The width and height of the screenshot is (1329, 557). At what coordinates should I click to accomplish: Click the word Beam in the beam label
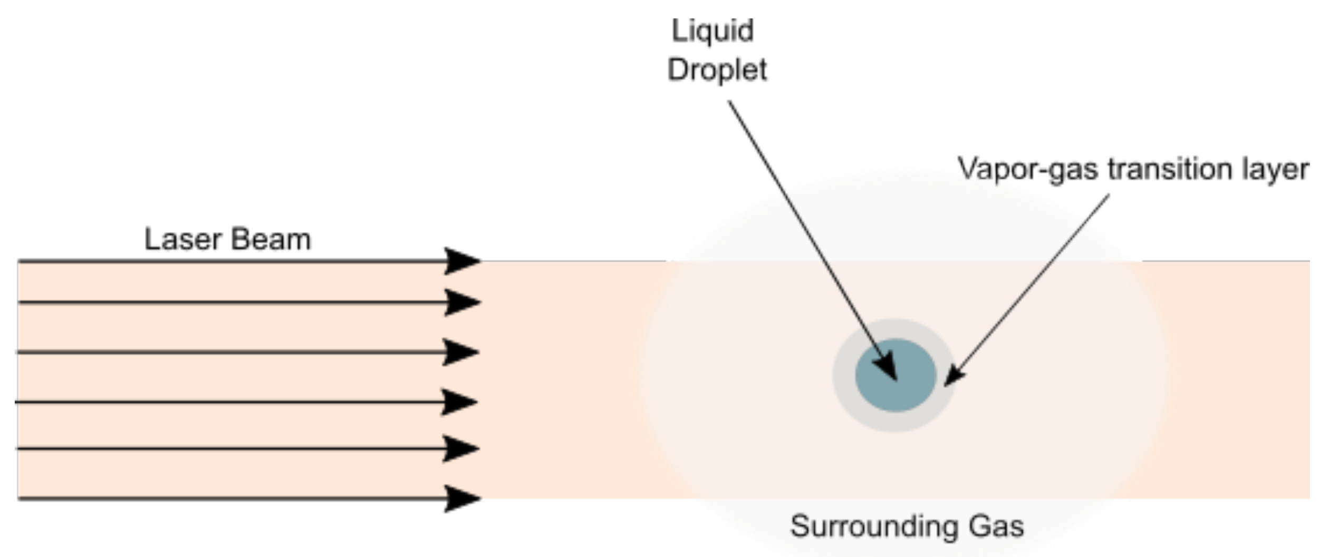tap(271, 240)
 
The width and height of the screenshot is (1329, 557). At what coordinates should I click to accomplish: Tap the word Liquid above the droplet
tap(712, 31)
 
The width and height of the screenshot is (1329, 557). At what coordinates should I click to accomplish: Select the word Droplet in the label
tap(717, 70)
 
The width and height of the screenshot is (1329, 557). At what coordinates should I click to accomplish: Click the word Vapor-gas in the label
tap(1028, 170)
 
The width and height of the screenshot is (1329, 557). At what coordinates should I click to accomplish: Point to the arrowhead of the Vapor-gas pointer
tap(953, 376)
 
